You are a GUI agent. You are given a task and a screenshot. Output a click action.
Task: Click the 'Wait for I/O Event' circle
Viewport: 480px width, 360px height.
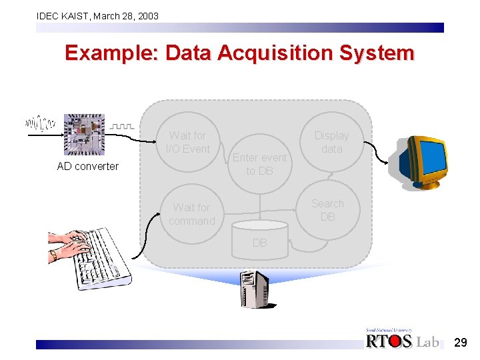click(188, 142)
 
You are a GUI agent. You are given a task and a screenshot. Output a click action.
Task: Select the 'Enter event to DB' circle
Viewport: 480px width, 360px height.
click(259, 164)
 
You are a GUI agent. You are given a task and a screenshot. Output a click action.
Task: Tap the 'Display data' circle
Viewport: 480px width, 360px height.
click(331, 142)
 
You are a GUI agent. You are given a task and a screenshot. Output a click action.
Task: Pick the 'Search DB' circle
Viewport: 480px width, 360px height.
click(328, 210)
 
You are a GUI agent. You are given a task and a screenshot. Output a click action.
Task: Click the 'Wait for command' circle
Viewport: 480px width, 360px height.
click(191, 214)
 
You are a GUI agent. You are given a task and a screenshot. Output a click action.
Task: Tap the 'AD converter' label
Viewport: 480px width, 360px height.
click(87, 167)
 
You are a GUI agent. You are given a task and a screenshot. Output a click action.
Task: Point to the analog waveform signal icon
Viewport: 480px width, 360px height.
click(40, 123)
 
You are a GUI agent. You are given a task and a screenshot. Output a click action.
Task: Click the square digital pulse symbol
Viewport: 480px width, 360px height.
click(122, 125)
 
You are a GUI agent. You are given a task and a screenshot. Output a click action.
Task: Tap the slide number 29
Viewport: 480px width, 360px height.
click(460, 343)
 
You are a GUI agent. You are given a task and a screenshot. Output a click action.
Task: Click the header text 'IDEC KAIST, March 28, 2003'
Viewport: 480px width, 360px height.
click(97, 15)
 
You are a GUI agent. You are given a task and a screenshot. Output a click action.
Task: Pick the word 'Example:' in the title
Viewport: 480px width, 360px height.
click(111, 53)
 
